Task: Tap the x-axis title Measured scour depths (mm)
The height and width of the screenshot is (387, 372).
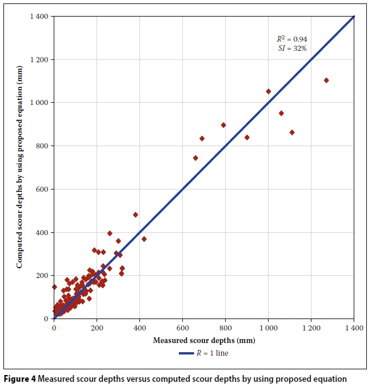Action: click(x=204, y=341)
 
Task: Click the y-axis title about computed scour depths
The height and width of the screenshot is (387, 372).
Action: click(x=19, y=167)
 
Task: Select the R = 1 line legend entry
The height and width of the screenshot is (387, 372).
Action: click(x=205, y=353)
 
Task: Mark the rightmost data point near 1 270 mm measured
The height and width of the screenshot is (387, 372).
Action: click(x=326, y=80)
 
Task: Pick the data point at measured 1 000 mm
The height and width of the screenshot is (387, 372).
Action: click(x=269, y=91)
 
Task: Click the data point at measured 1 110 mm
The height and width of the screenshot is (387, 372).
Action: click(x=292, y=132)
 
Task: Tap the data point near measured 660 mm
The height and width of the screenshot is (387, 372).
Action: click(x=195, y=158)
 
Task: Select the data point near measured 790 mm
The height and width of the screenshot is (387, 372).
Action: click(x=223, y=125)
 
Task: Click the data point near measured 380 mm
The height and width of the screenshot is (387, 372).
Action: click(x=135, y=215)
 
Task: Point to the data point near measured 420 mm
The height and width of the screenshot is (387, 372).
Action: click(x=144, y=239)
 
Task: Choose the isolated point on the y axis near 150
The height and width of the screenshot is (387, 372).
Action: click(x=54, y=287)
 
